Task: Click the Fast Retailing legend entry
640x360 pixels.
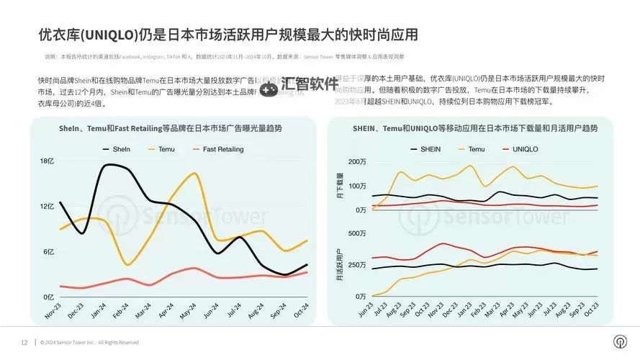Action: tap(222, 149)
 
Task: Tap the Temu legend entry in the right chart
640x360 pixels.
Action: tap(476, 149)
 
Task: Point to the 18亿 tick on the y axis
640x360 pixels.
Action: tap(46, 161)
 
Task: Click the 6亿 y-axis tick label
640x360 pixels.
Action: tap(48, 251)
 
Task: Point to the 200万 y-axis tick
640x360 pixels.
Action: tap(357, 161)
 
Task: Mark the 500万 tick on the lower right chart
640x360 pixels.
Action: tap(357, 233)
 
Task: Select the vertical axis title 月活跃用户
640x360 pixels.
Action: tap(340, 264)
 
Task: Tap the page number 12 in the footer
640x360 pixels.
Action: tap(24, 342)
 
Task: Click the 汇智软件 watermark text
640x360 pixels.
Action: tap(309, 84)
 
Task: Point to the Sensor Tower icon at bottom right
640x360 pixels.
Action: tap(618, 341)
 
